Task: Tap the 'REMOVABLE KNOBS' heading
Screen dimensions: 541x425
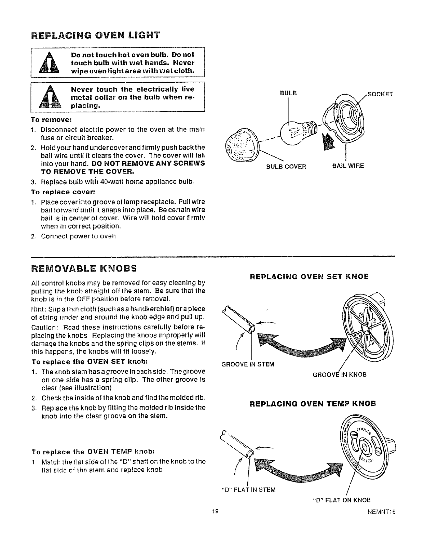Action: (84, 267)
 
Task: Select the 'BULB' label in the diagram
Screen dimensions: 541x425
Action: (288, 93)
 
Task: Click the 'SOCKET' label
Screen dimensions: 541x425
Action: (380, 94)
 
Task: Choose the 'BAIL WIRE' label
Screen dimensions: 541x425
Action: (348, 166)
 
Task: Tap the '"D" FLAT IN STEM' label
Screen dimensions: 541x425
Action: (248, 490)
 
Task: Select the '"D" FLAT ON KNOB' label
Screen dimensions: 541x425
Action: (342, 500)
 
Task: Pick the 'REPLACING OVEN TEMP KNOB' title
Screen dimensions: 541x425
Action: (313, 403)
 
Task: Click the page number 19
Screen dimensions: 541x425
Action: (214, 511)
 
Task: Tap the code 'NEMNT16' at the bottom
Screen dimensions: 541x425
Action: (383, 512)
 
